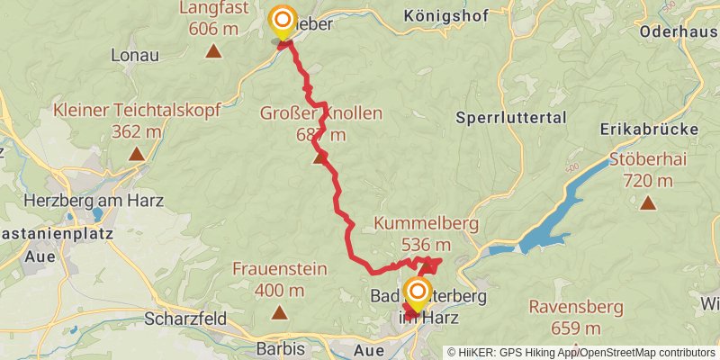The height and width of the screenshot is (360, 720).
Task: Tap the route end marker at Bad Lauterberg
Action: coord(417,292)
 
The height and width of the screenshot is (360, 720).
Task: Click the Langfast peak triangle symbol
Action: coord(213,51)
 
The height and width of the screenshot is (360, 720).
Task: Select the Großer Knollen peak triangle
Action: coord(319,159)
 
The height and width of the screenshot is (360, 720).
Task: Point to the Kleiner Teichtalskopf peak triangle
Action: coord(136,155)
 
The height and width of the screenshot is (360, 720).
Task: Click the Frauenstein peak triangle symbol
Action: coord(279,313)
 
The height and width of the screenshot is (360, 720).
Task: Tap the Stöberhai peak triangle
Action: coord(647,203)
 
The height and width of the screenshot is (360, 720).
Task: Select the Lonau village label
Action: coord(134,55)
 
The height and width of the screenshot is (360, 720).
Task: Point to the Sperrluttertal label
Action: coord(510,117)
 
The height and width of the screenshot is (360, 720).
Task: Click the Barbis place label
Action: coord(279,348)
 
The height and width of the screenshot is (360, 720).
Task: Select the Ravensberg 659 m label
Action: coord(576,317)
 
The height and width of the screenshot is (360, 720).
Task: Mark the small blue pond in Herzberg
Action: coord(95,215)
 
